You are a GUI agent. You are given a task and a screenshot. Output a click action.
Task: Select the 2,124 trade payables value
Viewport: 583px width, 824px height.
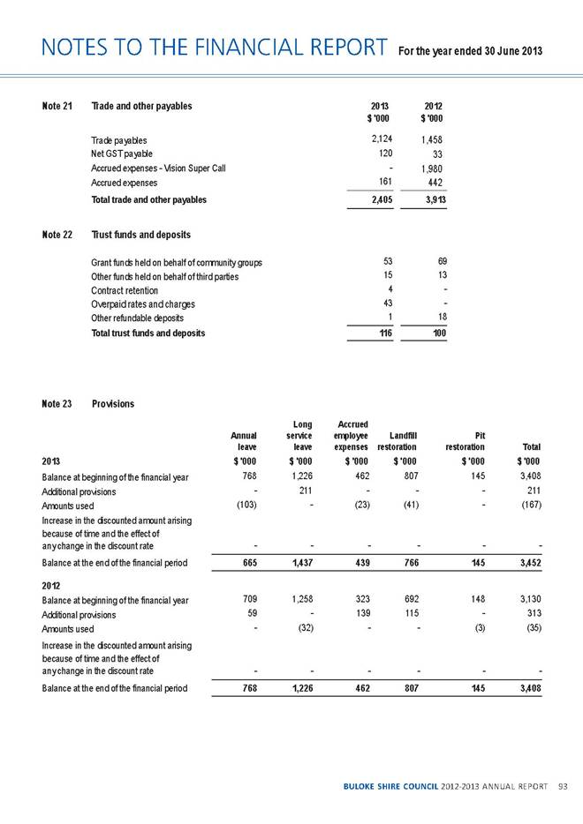(x=379, y=139)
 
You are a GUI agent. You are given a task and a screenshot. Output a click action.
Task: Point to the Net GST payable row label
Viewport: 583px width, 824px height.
(x=122, y=154)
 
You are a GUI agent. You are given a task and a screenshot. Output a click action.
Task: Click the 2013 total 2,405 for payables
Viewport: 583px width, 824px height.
(x=378, y=200)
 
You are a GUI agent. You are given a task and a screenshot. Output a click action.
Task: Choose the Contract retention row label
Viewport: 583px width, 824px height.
(x=125, y=290)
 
